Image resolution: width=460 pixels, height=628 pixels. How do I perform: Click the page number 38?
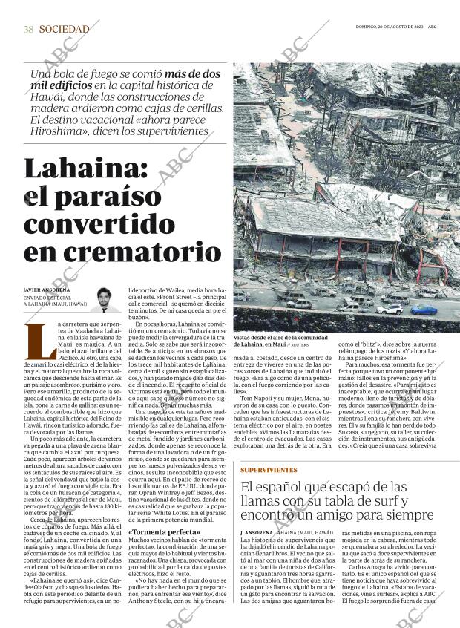pyautogui.click(x=28, y=29)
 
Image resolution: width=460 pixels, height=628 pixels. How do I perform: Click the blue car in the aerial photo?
pyautogui.click(x=425, y=309)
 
